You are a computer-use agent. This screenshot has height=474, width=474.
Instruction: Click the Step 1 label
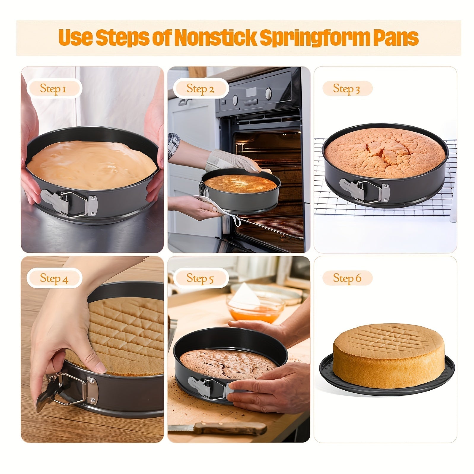point(53,88)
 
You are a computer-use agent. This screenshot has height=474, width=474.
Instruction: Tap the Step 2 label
point(200,88)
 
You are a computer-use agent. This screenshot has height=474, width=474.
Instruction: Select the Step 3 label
point(346,88)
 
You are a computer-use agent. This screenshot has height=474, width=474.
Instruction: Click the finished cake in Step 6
point(384,356)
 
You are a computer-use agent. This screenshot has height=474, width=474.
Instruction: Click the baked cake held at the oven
point(240,184)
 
